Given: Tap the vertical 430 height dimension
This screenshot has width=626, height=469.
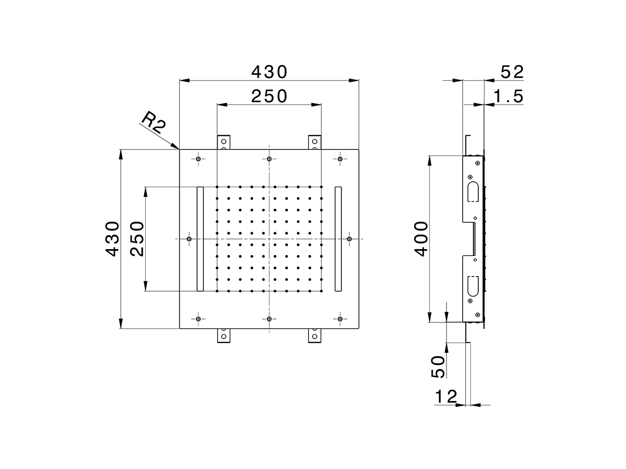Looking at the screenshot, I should [x=112, y=239].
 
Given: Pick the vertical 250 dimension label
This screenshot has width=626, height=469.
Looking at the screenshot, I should [x=137, y=239].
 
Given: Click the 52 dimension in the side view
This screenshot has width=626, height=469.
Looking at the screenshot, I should [x=512, y=72].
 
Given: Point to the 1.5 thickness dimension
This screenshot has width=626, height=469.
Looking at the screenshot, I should [x=509, y=96].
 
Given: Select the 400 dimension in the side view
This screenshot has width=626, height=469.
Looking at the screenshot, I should [x=421, y=239].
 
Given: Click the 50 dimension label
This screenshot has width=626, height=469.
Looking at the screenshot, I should [x=439, y=366].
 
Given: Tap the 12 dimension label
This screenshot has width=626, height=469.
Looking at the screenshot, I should [x=446, y=397].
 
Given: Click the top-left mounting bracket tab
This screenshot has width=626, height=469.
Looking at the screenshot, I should [x=224, y=142].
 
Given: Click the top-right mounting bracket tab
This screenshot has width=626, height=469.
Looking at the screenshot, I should [x=314, y=142].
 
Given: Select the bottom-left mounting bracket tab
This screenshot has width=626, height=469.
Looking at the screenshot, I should [x=224, y=336].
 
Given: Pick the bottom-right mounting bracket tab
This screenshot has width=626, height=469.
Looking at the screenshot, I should [x=314, y=336].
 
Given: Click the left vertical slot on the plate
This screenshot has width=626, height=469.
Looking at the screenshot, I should [x=200, y=239].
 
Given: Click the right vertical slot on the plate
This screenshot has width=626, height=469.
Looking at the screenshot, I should [x=338, y=239].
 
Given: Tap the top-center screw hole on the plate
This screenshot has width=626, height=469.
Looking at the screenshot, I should [x=269, y=159].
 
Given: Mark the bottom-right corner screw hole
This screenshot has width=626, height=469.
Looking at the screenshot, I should [x=340, y=319].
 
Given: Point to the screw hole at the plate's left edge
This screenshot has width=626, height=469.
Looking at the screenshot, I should [x=189, y=239].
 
